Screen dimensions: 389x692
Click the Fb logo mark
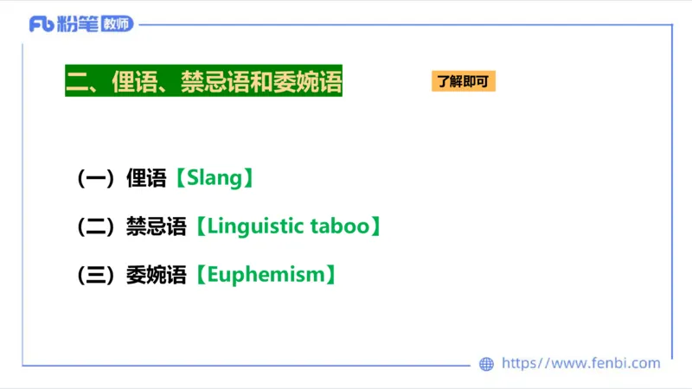[41, 24]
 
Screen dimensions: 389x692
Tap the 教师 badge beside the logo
[117, 24]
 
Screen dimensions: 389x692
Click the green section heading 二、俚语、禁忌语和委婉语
[203, 82]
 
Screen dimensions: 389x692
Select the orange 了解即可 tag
[463, 82]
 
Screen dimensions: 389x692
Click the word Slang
[212, 179]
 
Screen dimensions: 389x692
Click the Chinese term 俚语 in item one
[145, 179]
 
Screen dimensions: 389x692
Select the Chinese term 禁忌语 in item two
[156, 227]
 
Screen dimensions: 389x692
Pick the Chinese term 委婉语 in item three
[156, 276]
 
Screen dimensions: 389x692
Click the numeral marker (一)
[96, 179]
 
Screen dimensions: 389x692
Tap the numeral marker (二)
[96, 227]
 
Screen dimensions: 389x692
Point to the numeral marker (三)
[96, 276]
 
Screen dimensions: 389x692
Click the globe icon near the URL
[486, 364]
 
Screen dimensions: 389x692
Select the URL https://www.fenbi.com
[580, 364]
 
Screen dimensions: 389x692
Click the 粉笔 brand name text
[76, 24]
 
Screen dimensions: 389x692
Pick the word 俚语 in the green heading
[134, 82]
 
